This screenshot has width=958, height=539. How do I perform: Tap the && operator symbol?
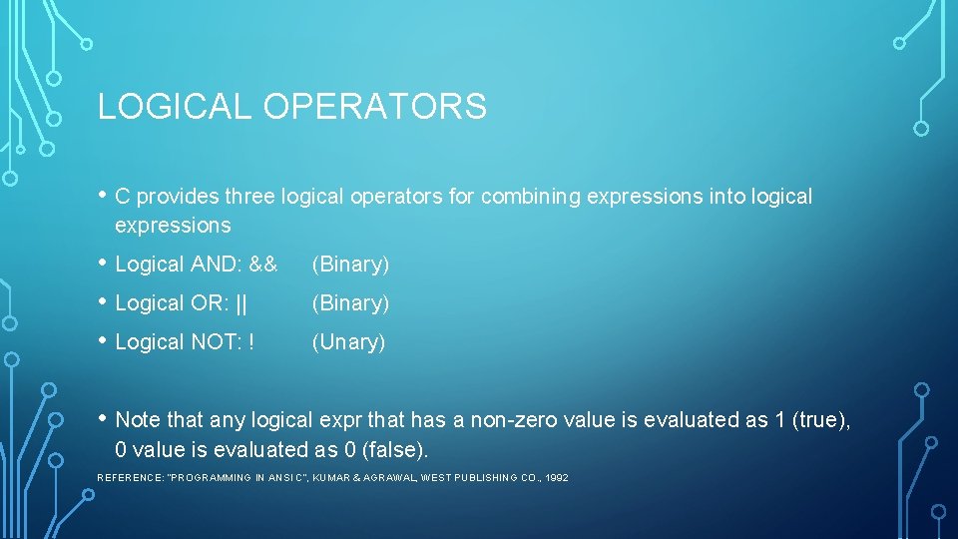[x=263, y=265]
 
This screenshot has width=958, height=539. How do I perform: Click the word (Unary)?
[x=348, y=342]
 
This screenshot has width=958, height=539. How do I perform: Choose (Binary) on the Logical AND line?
[x=350, y=265]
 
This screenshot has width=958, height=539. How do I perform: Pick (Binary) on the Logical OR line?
[x=350, y=303]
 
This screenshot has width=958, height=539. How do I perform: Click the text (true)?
[x=821, y=420]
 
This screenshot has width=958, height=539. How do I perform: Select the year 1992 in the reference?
[x=557, y=478]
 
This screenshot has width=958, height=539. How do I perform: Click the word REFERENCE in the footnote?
[x=130, y=478]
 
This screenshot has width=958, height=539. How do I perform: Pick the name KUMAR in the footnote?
[x=331, y=478]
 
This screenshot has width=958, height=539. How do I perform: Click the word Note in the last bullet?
[x=137, y=420]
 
